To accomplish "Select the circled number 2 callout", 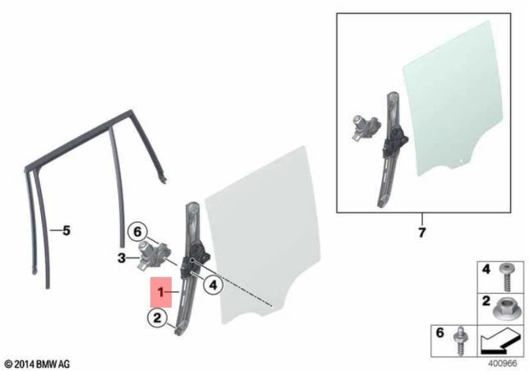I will (x=157, y=317).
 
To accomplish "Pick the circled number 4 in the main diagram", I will (x=212, y=285).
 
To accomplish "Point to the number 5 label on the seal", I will (x=66, y=231).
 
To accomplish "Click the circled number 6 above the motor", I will (x=138, y=232).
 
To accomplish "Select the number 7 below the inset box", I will (x=422, y=232).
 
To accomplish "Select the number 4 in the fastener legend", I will (x=486, y=271).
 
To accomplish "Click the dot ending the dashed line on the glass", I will (x=272, y=305).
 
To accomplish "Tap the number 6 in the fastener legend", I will (x=440, y=334).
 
